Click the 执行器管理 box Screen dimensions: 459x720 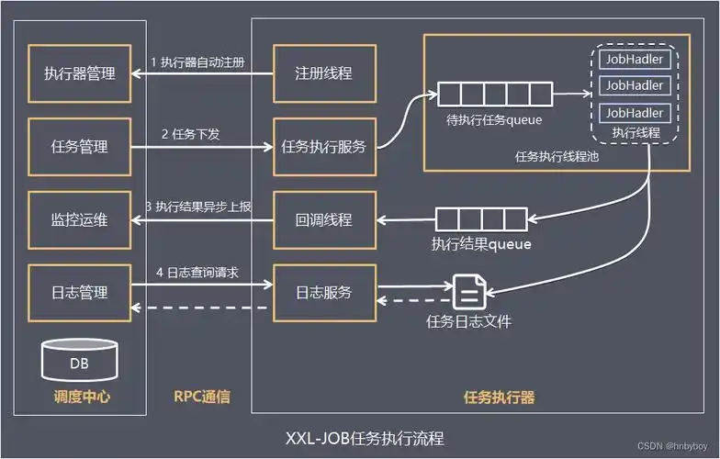click(x=79, y=73)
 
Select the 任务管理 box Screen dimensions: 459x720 click(x=79, y=146)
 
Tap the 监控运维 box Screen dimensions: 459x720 click(x=79, y=219)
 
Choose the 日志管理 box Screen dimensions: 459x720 click(x=79, y=293)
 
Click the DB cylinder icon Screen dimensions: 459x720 click(x=80, y=361)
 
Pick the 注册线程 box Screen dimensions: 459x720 click(x=323, y=73)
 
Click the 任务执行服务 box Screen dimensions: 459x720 click(x=323, y=146)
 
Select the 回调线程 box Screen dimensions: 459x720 click(x=323, y=219)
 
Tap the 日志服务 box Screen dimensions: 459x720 click(x=323, y=293)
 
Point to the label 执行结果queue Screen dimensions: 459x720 click(x=481, y=245)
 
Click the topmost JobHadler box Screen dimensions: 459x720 click(x=634, y=59)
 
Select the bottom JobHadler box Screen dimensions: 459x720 click(x=634, y=112)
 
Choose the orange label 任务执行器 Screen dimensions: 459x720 click(x=500, y=397)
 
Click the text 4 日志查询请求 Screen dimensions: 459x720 click(x=198, y=272)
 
